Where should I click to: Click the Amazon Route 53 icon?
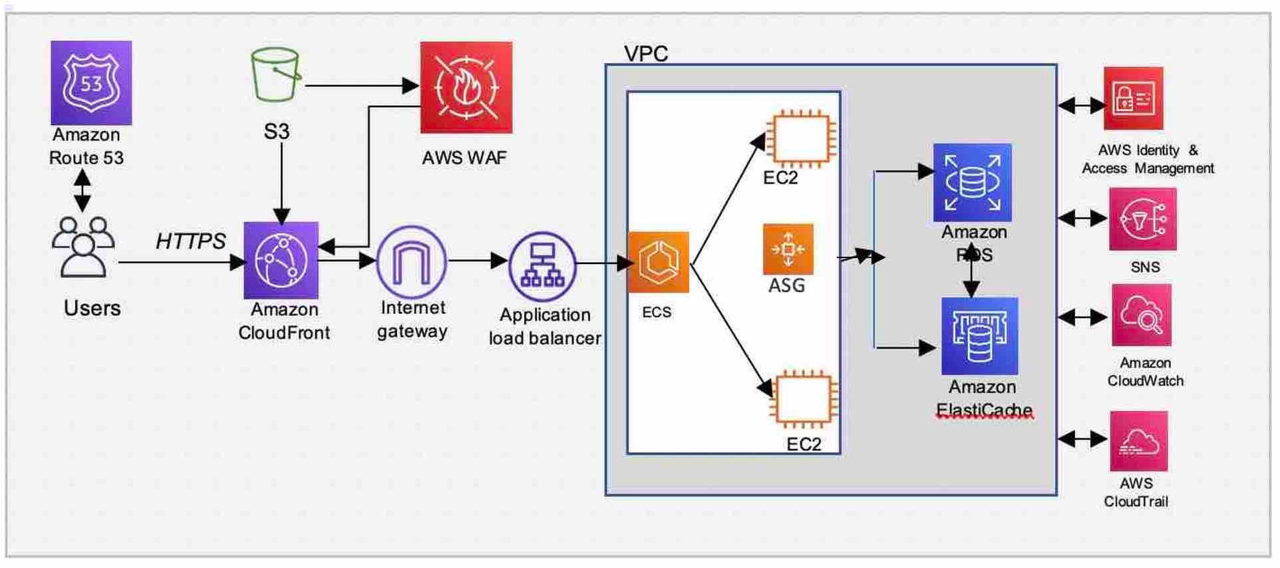(x=91, y=82)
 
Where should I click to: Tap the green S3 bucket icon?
(x=275, y=74)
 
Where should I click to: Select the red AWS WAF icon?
(x=466, y=88)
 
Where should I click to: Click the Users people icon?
(x=83, y=246)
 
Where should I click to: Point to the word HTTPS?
(x=190, y=241)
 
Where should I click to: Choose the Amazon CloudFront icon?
(x=281, y=260)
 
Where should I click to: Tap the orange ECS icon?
(x=658, y=262)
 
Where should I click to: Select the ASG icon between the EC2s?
(x=788, y=249)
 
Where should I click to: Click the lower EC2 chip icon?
(x=804, y=398)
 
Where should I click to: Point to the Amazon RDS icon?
(x=972, y=182)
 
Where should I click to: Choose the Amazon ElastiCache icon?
(x=979, y=337)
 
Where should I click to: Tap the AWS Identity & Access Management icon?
(x=1133, y=98)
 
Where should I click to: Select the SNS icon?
(x=1142, y=219)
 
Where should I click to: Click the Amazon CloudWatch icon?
(x=1141, y=315)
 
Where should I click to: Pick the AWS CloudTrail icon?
(x=1138, y=441)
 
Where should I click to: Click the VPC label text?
(x=645, y=53)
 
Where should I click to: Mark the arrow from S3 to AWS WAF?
(x=359, y=85)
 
